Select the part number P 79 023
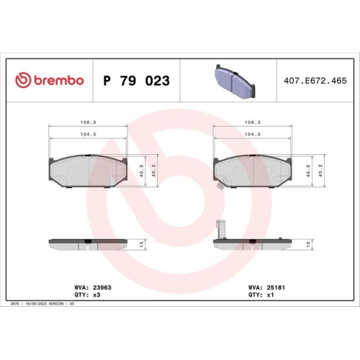click(x=137, y=81)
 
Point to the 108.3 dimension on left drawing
click(x=87, y=122)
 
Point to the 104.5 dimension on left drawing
click(x=87, y=134)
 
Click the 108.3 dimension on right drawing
click(x=253, y=122)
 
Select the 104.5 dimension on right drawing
click(x=253, y=134)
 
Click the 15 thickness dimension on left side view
click(x=143, y=244)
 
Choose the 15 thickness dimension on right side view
click(x=308, y=244)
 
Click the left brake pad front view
click(x=87, y=171)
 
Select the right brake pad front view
click(x=253, y=171)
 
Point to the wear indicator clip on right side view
click(x=221, y=229)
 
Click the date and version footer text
click(x=43, y=305)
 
